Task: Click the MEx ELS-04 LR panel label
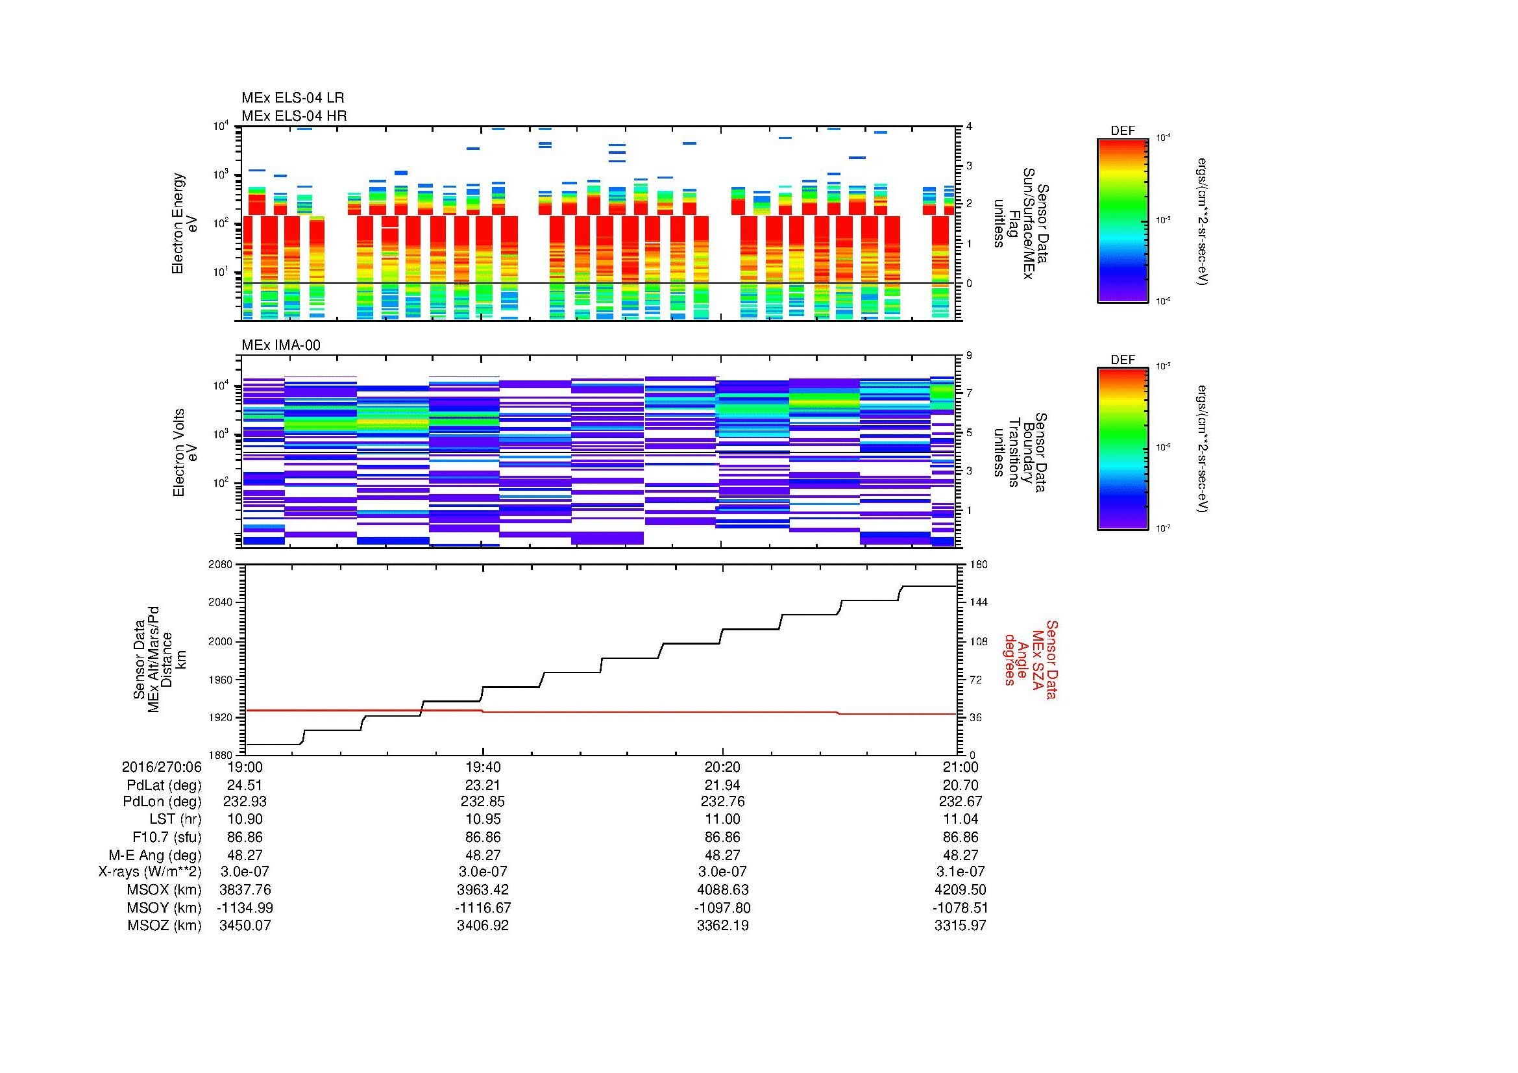pos(292,98)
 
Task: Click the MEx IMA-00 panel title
pos(280,345)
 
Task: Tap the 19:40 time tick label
pos(483,767)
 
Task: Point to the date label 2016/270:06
pos(162,767)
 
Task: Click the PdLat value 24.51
pos(245,785)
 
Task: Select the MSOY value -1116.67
pos(483,907)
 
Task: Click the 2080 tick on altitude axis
pos(221,565)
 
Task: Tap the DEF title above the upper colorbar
pos(1122,131)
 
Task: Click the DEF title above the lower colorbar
pos(1122,360)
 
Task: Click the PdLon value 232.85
pos(483,801)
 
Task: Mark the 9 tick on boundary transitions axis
pos(969,356)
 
